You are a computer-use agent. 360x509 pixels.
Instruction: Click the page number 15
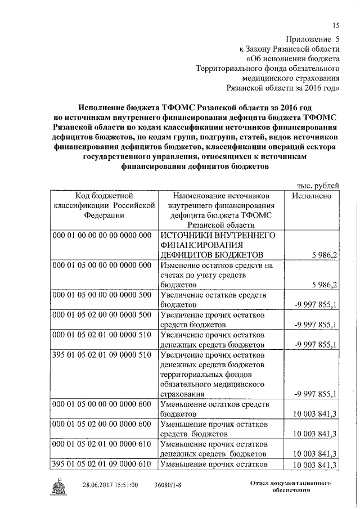[336, 25]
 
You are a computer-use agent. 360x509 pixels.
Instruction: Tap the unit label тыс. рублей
[318, 186]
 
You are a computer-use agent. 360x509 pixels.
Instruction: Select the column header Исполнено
[312, 196]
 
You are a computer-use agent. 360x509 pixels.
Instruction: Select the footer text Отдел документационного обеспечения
[290, 487]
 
